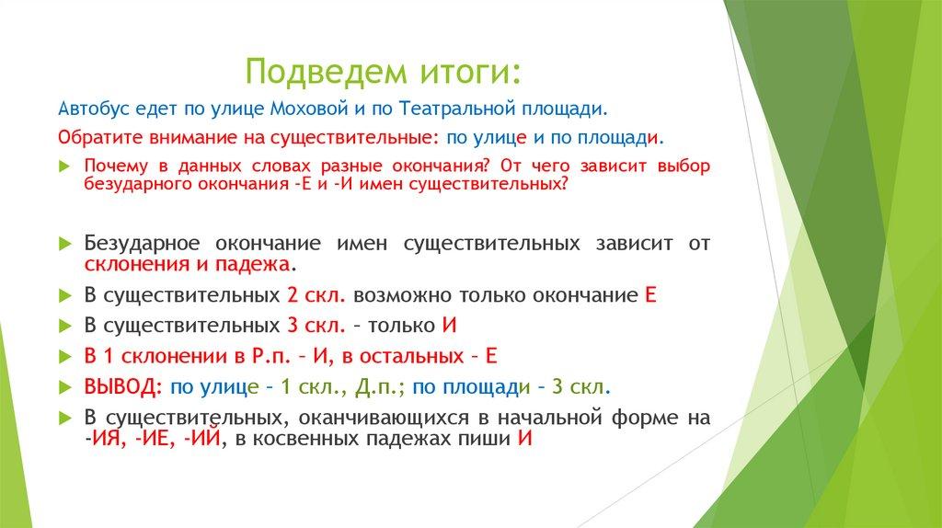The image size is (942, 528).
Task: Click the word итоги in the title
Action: (460, 73)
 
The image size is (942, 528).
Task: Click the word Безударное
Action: (142, 243)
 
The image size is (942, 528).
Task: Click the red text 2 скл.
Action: (316, 295)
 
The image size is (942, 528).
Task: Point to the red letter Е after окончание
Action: (650, 295)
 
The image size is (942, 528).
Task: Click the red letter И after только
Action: (449, 326)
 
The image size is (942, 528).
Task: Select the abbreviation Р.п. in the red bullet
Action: (271, 356)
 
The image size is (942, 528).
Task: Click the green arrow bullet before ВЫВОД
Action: (65, 387)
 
